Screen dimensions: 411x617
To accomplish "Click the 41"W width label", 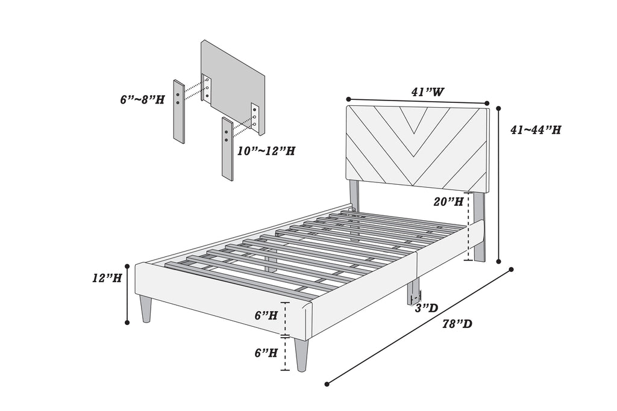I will [428, 93].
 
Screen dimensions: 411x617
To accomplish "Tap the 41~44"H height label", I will [536, 129].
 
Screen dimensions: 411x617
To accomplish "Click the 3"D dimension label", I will [427, 308].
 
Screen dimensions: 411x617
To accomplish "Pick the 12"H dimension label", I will [107, 279].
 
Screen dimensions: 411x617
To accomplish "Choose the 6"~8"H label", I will [142, 99].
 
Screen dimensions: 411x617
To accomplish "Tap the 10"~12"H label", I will [266, 151].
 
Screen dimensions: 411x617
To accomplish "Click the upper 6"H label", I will [266, 315].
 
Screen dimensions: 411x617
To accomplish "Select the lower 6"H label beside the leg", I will [266, 353].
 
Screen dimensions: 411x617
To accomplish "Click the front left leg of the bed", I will [146, 309].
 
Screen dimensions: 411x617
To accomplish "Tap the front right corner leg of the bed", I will [301, 356].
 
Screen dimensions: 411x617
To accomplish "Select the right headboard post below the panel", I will [479, 226].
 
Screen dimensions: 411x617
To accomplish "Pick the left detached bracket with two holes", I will [179, 111].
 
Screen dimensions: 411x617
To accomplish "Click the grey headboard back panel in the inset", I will [232, 84].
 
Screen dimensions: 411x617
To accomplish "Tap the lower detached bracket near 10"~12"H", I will [227, 149].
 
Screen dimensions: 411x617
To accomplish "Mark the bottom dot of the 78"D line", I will [327, 383].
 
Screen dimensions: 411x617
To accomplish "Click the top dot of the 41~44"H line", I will [500, 108].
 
